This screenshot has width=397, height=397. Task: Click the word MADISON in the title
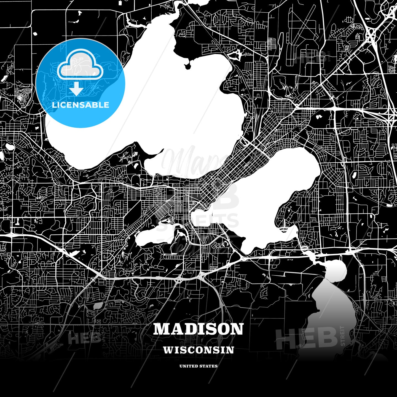(198, 329)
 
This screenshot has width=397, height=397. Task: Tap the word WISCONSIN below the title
(198, 350)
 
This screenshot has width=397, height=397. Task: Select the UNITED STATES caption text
(198, 366)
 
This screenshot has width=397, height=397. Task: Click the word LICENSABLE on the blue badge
(81, 105)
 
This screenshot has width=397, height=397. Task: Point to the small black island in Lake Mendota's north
(188, 66)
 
